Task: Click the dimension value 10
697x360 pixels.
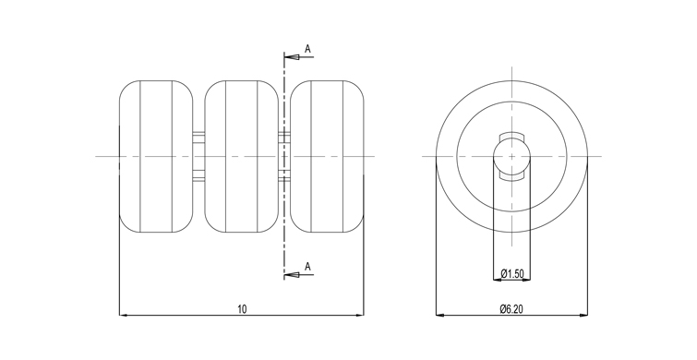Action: pos(242,309)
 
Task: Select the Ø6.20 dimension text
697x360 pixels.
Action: pos(511,309)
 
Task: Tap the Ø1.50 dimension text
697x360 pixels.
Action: pos(511,274)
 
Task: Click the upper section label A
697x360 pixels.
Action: pos(307,49)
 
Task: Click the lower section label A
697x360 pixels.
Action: pos(307,267)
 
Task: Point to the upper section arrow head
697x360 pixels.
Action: pos(291,57)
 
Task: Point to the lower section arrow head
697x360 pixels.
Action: pos(291,275)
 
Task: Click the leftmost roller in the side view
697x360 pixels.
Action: pos(156,156)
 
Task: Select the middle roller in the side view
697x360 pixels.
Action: pos(241,156)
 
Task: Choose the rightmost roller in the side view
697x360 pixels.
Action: pos(327,156)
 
